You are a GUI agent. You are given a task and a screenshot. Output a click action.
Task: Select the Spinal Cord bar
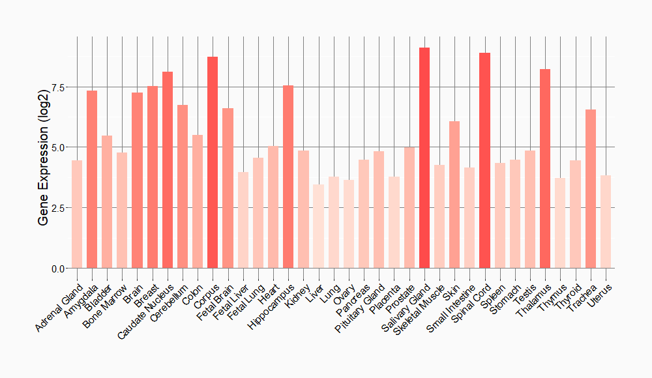[x=484, y=160]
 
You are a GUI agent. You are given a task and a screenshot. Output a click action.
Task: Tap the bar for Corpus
[x=213, y=162]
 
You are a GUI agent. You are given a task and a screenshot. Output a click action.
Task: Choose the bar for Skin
[x=454, y=195]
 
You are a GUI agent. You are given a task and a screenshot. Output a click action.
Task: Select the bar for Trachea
[x=591, y=189]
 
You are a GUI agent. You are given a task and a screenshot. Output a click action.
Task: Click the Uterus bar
[x=606, y=222]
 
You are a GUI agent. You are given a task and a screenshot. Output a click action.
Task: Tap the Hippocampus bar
[x=288, y=177]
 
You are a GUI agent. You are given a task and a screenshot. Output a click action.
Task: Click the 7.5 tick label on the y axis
[x=57, y=87]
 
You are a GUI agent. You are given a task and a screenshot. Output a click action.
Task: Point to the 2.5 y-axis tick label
[x=57, y=208]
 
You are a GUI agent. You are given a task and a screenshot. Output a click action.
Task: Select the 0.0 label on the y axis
[x=57, y=269]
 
